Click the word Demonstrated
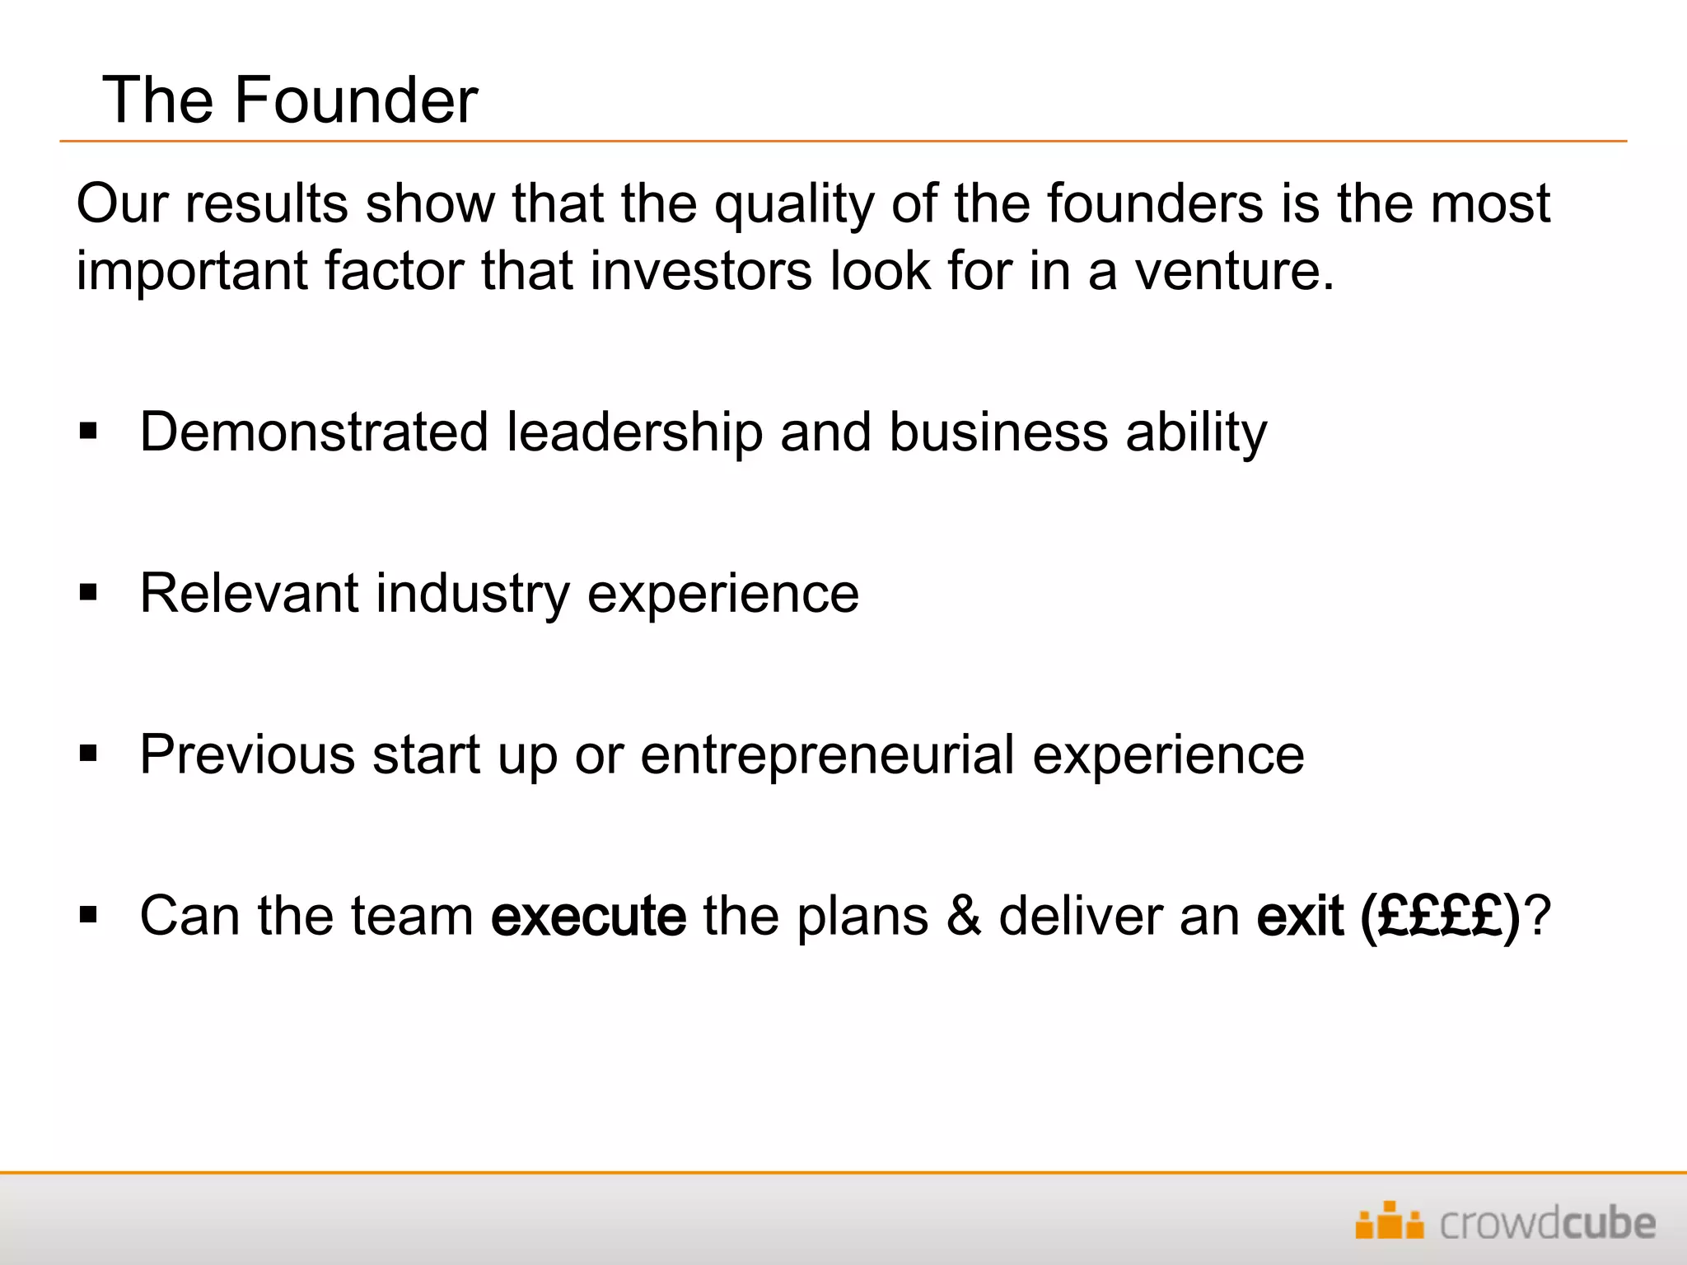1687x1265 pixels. pos(314,432)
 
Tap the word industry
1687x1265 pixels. pos(472,593)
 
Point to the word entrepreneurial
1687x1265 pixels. pos(827,754)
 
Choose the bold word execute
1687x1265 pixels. pos(588,916)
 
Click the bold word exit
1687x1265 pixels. pos(1299,916)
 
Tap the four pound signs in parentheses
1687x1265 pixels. pos(1440,916)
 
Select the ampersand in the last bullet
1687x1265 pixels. pos(963,916)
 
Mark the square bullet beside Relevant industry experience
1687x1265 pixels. pos(88,592)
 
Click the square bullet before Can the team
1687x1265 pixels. pos(88,914)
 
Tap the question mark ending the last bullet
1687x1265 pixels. pos(1538,916)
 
